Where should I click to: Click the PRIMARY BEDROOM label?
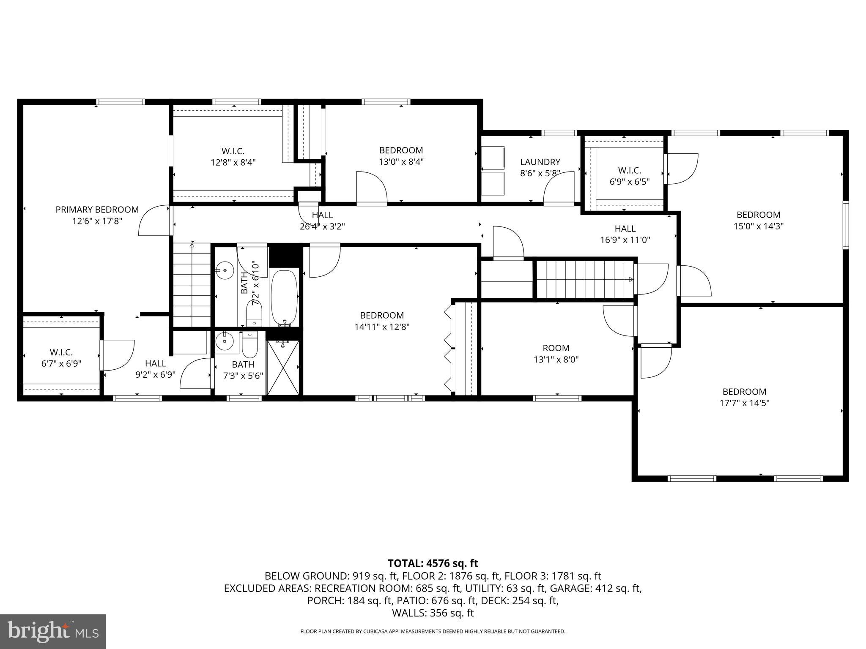pos(97,210)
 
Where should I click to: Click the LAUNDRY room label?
pos(540,162)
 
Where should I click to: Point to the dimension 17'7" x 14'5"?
pos(744,403)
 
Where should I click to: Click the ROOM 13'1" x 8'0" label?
pos(556,354)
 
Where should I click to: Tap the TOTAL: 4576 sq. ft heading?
pos(433,563)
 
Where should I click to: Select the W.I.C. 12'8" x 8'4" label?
pos(233,156)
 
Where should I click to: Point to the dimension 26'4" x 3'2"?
pos(322,226)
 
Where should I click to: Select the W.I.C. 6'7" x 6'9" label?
pos(61,357)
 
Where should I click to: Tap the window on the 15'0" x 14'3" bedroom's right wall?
pos(845,225)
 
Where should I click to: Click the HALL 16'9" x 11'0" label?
pos(625,234)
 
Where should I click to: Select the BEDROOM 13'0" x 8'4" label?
pos(401,156)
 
